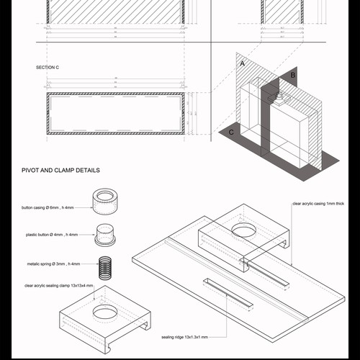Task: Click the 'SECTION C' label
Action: (x=48, y=67)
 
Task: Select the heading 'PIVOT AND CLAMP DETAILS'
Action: (x=60, y=171)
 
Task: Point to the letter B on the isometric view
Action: (x=292, y=75)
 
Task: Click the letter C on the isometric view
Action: (x=230, y=132)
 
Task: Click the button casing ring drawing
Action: (x=105, y=201)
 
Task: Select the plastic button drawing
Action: (x=107, y=234)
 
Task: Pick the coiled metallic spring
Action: (x=107, y=264)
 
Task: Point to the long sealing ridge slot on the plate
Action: (x=229, y=293)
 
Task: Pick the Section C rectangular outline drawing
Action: (x=116, y=114)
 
